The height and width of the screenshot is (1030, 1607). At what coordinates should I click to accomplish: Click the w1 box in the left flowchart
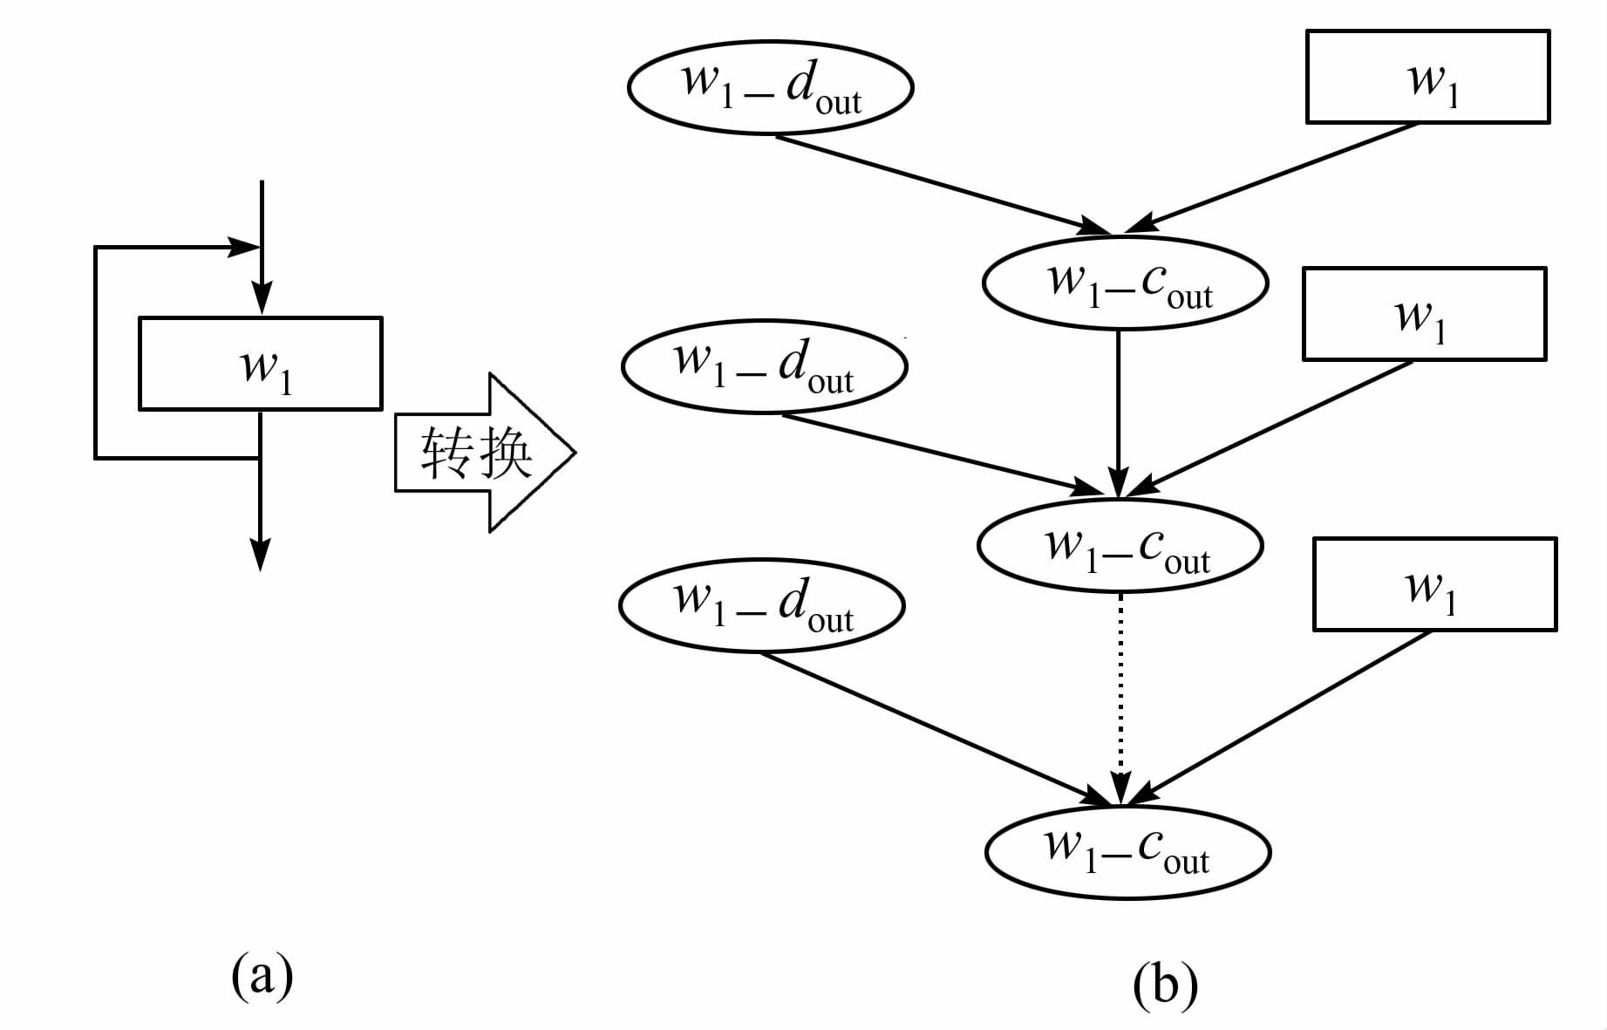pyautogui.click(x=260, y=364)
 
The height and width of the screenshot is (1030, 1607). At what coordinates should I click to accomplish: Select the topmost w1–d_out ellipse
pyautogui.click(x=770, y=87)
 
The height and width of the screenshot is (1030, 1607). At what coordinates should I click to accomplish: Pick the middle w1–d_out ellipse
pyautogui.click(x=764, y=366)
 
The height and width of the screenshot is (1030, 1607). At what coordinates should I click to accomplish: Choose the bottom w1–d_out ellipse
pyautogui.click(x=761, y=605)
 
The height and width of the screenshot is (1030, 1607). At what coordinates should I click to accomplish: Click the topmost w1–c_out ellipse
pyautogui.click(x=1125, y=283)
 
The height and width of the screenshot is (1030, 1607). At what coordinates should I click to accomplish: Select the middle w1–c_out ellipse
pyautogui.click(x=1120, y=546)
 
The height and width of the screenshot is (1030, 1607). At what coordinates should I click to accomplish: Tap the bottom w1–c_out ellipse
pyautogui.click(x=1127, y=852)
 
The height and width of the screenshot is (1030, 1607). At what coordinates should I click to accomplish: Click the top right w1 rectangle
pyautogui.click(x=1427, y=77)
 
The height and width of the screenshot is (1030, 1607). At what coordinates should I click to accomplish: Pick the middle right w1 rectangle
pyautogui.click(x=1424, y=314)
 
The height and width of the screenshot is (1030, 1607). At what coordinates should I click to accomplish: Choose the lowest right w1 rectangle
pyautogui.click(x=1434, y=584)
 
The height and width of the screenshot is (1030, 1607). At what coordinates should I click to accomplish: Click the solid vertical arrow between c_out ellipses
pyautogui.click(x=1119, y=410)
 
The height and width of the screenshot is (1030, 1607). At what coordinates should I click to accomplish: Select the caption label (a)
pyautogui.click(x=262, y=974)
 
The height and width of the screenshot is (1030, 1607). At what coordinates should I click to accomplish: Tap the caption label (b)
pyautogui.click(x=1165, y=984)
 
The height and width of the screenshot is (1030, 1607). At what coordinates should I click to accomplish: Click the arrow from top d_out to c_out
pyautogui.click(x=942, y=184)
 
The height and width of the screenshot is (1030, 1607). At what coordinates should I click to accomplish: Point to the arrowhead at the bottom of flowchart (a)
pyautogui.click(x=260, y=555)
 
